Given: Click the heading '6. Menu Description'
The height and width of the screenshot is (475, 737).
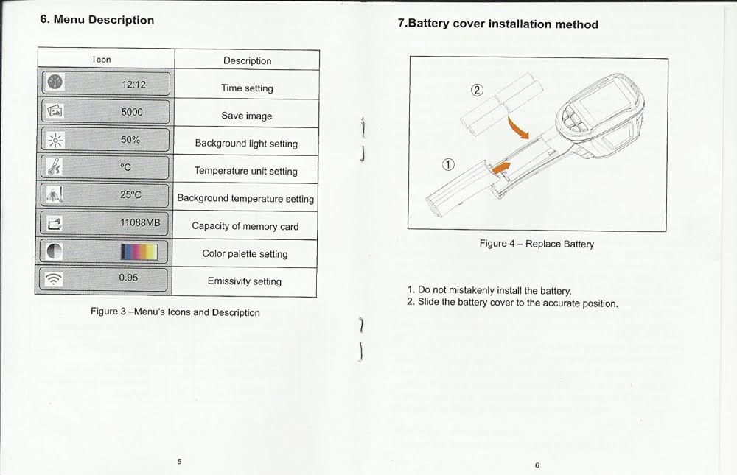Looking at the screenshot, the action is coord(97,20).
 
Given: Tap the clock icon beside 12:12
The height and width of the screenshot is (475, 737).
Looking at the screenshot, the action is coord(55,82).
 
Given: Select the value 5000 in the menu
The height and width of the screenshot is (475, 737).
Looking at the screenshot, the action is coord(132,112).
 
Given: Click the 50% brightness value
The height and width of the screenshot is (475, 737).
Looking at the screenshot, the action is coord(130,139).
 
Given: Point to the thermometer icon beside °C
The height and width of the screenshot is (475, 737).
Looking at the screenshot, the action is coord(55,166).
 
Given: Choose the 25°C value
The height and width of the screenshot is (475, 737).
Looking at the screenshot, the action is coord(130,194).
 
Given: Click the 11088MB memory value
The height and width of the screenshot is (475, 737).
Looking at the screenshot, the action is coord(140,222).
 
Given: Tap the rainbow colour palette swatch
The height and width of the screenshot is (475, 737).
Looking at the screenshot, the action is coord(139,252).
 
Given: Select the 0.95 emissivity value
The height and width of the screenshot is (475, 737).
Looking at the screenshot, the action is coord(128,278).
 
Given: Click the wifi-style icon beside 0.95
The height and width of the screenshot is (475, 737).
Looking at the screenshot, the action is coord(54,280).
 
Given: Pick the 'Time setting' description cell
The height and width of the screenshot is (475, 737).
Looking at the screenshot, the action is coord(247,88).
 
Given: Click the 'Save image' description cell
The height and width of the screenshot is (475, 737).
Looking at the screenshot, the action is coord(247,116).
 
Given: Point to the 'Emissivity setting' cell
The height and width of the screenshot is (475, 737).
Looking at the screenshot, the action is coord(245,281).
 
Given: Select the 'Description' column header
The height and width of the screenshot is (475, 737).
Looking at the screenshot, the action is coord(247,60).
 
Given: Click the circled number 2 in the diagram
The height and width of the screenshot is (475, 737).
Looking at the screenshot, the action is coord(477,90).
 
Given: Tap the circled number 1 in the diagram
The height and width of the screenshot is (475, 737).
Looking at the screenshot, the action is coord(448,164).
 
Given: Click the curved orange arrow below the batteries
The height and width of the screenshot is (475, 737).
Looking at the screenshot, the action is coord(517,127).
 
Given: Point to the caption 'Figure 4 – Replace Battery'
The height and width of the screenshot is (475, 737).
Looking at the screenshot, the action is coord(537,244).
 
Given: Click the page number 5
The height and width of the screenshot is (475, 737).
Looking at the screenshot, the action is coord(179,461).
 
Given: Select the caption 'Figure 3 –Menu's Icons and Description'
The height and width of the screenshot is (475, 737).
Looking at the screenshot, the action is coord(175,312).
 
